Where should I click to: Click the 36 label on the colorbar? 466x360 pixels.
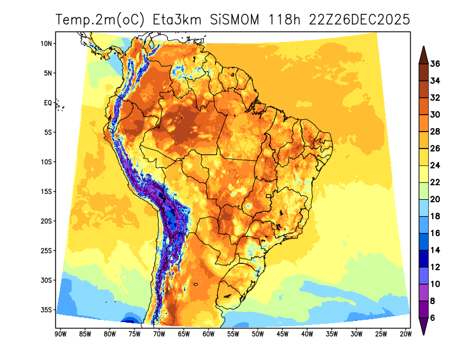[x=435, y=64]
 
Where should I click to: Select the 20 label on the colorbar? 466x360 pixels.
[x=435, y=199]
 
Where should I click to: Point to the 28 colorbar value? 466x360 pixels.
[x=435, y=132]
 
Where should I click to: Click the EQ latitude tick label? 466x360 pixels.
[x=48, y=103]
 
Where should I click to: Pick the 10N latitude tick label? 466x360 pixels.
[x=47, y=44]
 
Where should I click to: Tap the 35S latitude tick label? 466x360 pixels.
[x=47, y=309]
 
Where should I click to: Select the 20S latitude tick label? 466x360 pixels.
[x=47, y=221]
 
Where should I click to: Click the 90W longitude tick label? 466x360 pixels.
[x=59, y=334]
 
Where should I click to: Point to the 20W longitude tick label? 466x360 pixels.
[x=406, y=334]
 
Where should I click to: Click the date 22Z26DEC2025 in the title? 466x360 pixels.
[x=360, y=20]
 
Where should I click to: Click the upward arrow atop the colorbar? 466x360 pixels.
[x=424, y=53]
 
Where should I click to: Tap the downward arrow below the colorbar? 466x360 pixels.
[x=424, y=327]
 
